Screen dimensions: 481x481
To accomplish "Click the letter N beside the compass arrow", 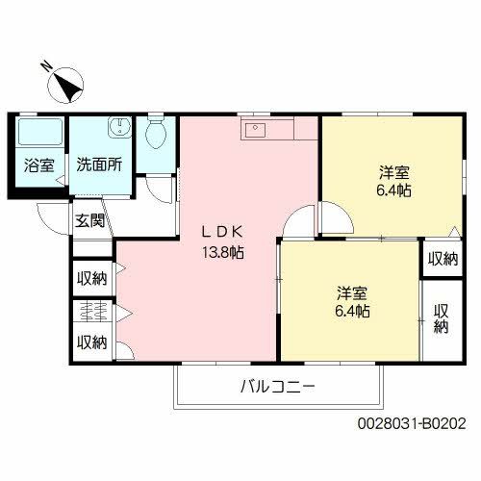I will [44, 66].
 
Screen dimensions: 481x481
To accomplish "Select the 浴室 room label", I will [39, 165].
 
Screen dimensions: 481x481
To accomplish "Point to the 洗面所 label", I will [100, 165].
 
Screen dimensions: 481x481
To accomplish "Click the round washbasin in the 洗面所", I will [119, 129].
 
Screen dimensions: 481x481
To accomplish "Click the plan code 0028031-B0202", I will [411, 422].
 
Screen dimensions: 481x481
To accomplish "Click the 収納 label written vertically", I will [442, 318].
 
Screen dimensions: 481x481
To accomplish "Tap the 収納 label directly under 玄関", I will [92, 278].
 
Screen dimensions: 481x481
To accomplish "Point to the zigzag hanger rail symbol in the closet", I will [93, 311].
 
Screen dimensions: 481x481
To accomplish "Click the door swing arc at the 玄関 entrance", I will [50, 216].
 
